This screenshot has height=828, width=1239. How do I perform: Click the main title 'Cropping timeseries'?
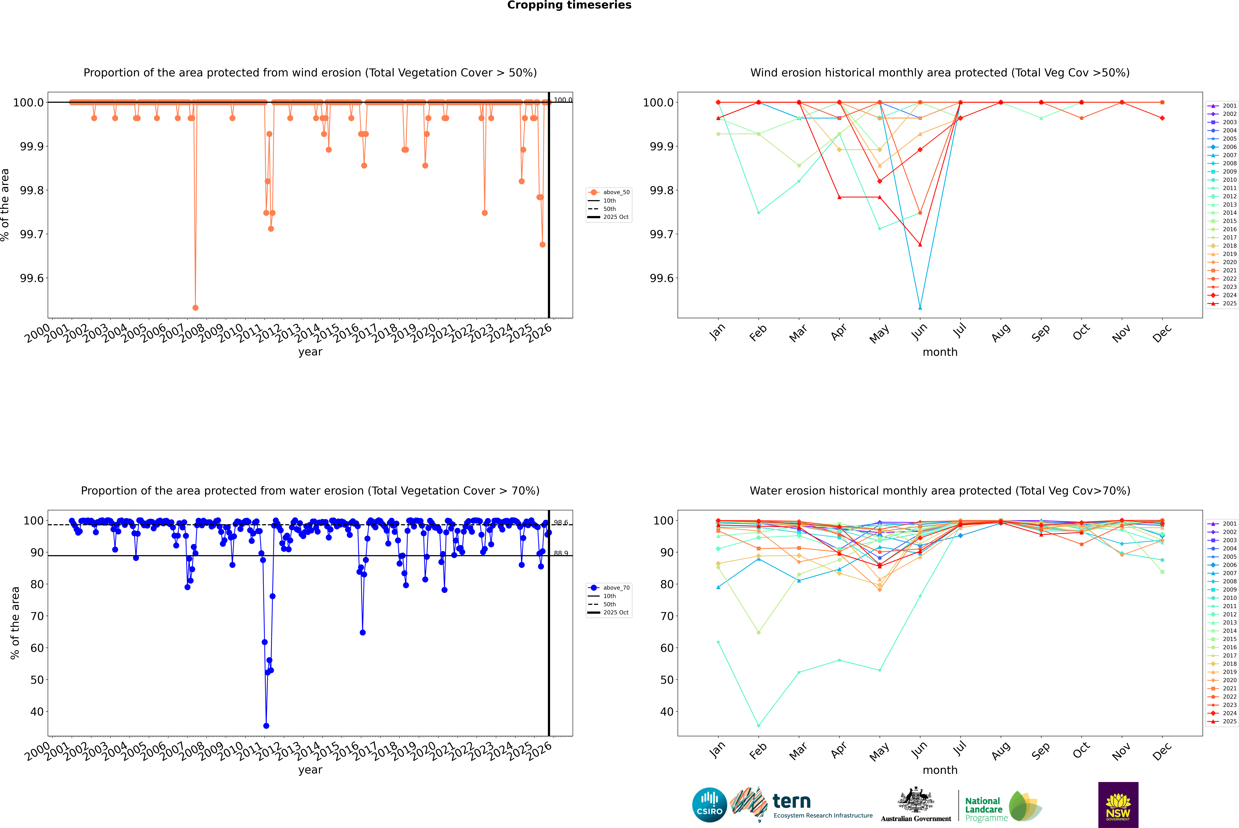coord(569,5)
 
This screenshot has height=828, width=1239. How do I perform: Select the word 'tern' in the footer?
coord(791,801)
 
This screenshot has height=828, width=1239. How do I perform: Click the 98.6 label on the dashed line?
coord(560,523)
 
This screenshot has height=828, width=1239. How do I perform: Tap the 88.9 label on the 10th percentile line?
coord(560,553)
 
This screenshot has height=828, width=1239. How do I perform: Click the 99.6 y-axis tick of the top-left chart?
coord(32,278)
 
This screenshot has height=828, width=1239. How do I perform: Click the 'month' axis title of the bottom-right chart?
coord(940,770)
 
